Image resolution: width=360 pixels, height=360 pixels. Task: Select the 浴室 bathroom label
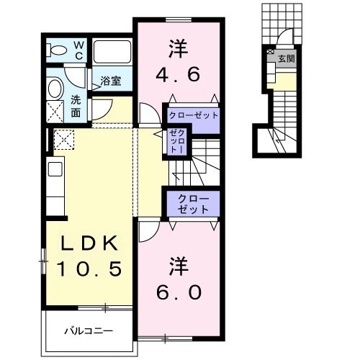(109, 82)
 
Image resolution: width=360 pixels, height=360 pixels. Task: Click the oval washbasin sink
(55, 89)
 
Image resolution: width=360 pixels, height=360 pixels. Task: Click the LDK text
(88, 243)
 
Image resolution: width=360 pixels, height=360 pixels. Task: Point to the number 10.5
(88, 269)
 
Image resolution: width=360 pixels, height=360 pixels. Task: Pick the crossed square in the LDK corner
(60, 139)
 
